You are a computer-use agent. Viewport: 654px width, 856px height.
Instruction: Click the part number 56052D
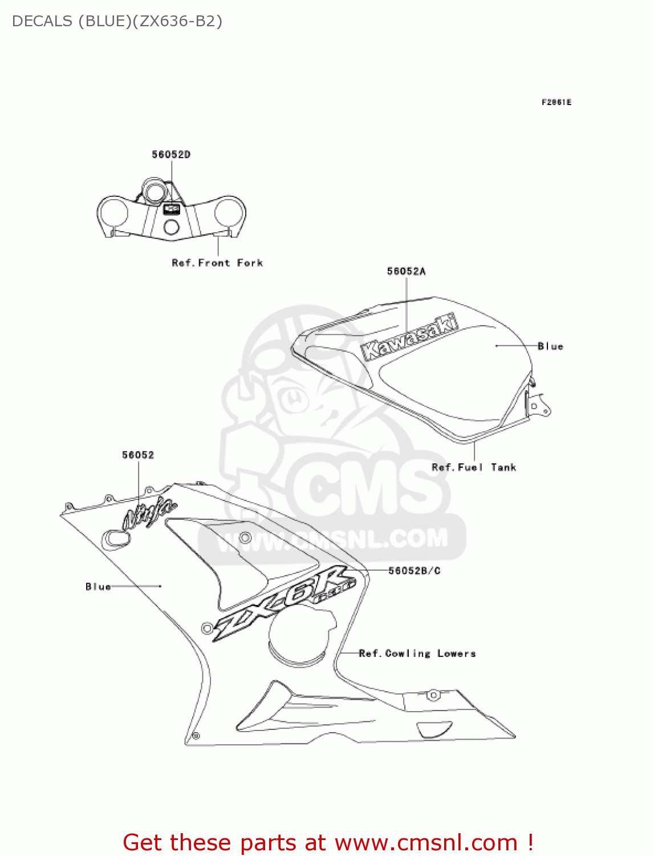[x=171, y=155]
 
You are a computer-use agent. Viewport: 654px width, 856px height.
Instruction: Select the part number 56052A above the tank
[x=406, y=272]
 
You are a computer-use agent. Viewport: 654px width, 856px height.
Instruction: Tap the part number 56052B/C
[x=414, y=571]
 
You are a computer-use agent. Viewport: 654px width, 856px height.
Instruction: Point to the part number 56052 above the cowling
[x=138, y=455]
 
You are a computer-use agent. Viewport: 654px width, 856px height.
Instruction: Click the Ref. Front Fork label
[x=217, y=263]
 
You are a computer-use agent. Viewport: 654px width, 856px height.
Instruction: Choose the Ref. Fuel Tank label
[x=474, y=467]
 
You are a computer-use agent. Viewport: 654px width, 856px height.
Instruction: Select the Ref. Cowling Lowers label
[x=417, y=653]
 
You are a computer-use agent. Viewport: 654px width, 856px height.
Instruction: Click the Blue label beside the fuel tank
[x=550, y=346]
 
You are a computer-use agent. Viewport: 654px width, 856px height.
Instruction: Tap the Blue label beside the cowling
[x=98, y=587]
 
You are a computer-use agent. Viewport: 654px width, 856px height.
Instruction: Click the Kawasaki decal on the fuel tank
[x=409, y=337]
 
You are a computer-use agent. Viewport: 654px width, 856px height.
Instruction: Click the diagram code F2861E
[x=556, y=102]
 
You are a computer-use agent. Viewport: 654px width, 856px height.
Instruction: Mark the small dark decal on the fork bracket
[x=172, y=209]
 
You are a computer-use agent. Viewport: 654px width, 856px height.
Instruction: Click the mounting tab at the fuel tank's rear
[x=538, y=406]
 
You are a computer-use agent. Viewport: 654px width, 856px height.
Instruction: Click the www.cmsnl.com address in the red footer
[x=426, y=842]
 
